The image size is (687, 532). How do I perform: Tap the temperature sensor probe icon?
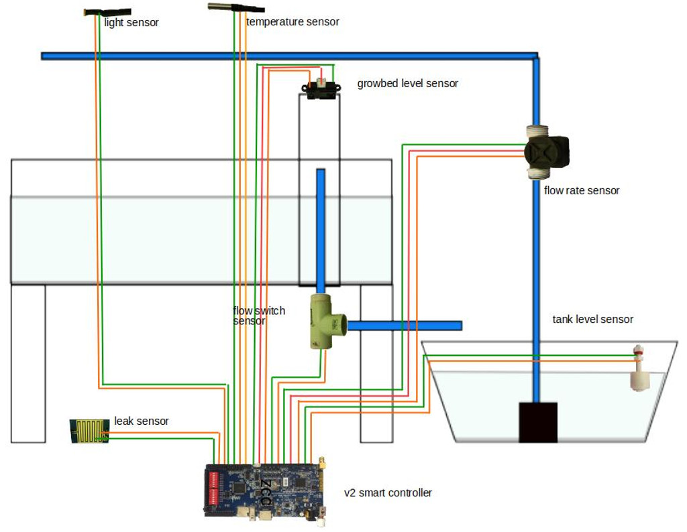(234, 9)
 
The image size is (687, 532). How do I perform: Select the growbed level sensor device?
(321, 89)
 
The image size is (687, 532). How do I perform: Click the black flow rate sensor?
(547, 152)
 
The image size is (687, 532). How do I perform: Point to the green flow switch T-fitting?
(325, 322)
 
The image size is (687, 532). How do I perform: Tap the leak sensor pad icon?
(89, 431)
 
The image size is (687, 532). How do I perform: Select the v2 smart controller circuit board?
(266, 490)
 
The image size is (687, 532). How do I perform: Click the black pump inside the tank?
(538, 422)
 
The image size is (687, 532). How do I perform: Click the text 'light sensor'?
(131, 23)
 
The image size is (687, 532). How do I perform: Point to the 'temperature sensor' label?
(293, 22)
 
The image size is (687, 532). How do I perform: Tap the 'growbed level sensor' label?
(407, 84)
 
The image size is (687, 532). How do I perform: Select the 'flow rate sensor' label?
(581, 191)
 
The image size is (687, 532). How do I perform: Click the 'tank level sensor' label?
(592, 320)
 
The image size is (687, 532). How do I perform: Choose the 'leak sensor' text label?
(141, 421)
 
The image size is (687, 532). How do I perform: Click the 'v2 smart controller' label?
(388, 493)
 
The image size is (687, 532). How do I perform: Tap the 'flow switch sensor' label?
(258, 316)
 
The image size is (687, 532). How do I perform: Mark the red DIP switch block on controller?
(216, 487)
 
